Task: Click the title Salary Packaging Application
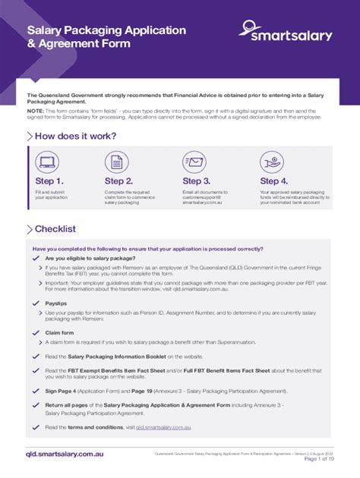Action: [106, 30]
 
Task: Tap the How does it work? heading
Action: [75, 137]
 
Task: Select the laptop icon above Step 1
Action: [47, 162]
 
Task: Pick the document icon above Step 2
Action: [117, 162]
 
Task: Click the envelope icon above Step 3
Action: [194, 162]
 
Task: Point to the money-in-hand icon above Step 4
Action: [272, 162]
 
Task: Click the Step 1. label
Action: [49, 181]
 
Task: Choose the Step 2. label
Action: [119, 181]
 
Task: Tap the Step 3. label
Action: [197, 181]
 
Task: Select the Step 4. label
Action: [274, 181]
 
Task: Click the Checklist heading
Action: [55, 229]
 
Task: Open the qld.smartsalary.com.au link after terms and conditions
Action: [163, 427]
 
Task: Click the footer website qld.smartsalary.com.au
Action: [65, 454]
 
